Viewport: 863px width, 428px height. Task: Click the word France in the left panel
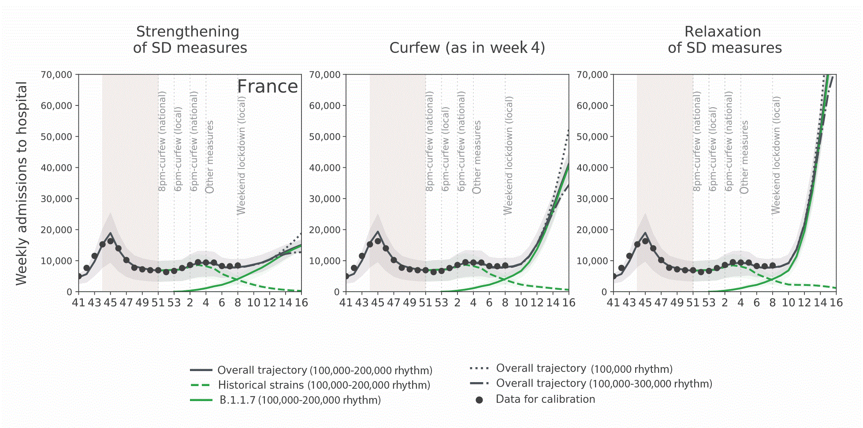(x=268, y=86)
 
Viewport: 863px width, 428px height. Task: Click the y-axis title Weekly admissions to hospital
(x=22, y=183)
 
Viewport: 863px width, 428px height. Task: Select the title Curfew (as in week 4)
(x=467, y=48)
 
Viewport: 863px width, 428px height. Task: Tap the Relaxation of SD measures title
(x=725, y=40)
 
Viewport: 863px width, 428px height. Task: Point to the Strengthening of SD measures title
(x=190, y=40)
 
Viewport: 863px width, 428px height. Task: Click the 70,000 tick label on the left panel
(x=56, y=75)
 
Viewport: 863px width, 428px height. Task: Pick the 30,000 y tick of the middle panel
(x=325, y=199)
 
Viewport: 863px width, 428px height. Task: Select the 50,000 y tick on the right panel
(x=592, y=137)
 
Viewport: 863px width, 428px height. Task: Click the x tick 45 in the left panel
(x=110, y=303)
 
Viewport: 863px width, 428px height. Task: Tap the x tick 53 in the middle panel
(x=441, y=303)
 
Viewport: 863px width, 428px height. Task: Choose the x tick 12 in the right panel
(x=804, y=303)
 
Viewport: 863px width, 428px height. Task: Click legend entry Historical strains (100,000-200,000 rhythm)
(x=324, y=385)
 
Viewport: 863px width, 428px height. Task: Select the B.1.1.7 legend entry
(x=300, y=400)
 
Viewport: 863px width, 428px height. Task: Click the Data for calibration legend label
(x=545, y=399)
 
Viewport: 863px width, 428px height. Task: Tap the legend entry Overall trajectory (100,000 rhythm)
(x=584, y=368)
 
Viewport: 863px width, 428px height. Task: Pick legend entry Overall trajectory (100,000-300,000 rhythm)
(x=604, y=383)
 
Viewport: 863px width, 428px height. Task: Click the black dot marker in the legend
(x=479, y=400)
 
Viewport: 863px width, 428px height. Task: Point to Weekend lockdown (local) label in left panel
(x=241, y=155)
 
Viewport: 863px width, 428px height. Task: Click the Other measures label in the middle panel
(x=476, y=157)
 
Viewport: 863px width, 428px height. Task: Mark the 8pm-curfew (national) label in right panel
(x=696, y=141)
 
